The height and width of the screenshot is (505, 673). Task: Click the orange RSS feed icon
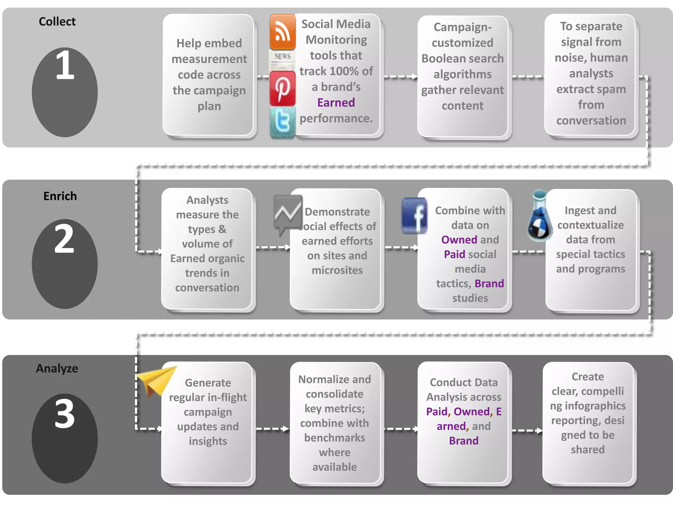click(282, 32)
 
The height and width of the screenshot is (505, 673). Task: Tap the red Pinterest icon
click(282, 88)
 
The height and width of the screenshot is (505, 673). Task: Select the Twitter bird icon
click(283, 122)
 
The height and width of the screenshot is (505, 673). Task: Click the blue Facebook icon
click(415, 216)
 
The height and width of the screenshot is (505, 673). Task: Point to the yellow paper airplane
click(156, 381)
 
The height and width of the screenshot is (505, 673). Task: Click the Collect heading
click(57, 22)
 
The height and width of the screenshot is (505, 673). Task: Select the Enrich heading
click(60, 196)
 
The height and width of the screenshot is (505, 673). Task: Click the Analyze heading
click(57, 369)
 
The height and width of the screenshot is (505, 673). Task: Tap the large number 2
click(64, 239)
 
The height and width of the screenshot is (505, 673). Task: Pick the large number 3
click(64, 414)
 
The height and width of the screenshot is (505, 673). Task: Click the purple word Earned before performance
click(336, 103)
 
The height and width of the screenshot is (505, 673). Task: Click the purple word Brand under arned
click(464, 441)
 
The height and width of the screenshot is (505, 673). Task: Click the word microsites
click(337, 270)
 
